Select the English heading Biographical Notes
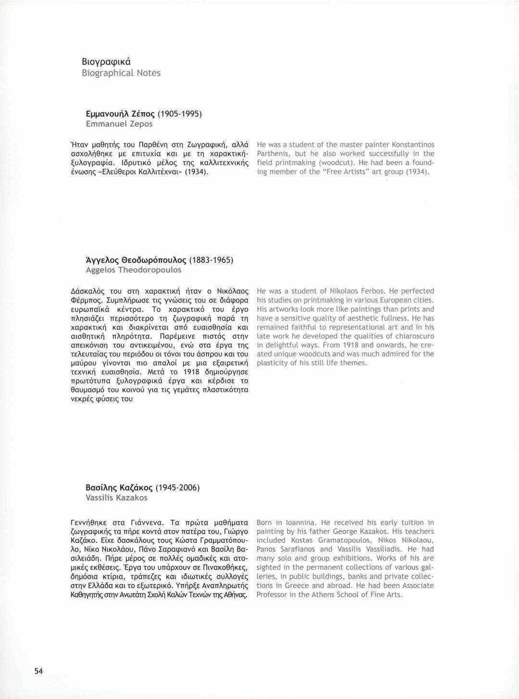tap(121, 73)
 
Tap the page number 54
tap(38, 671)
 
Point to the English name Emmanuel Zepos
tap(119, 124)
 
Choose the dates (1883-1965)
tap(211, 260)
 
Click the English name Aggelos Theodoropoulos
tap(134, 270)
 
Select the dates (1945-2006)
tap(177, 488)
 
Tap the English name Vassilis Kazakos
tap(116, 498)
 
